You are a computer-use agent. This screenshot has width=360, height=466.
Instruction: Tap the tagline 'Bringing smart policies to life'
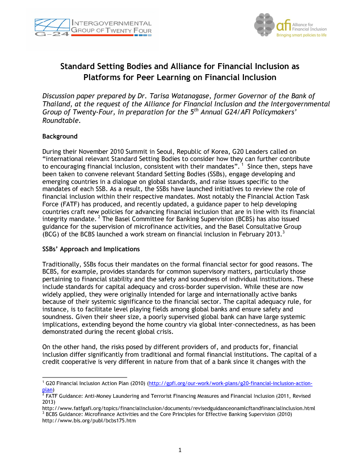click(302, 36)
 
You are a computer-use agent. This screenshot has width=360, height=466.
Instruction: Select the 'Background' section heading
click(60, 136)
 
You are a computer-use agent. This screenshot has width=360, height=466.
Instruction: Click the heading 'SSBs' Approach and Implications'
click(91, 249)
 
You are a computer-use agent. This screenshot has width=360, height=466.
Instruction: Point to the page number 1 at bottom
click(180, 450)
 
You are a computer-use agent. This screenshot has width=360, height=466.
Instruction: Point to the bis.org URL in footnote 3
click(89, 421)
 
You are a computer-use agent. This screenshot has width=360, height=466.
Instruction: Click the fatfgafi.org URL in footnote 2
click(178, 408)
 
